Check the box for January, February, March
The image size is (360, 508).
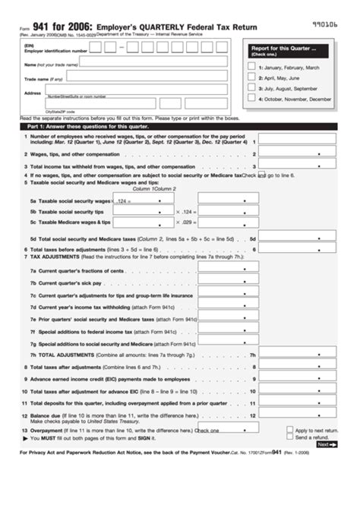pos(251,68)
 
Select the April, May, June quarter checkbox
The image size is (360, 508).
pos(251,78)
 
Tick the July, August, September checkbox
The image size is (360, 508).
pos(251,89)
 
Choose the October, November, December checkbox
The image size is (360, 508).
pos(251,99)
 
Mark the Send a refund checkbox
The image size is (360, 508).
pos(290,438)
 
